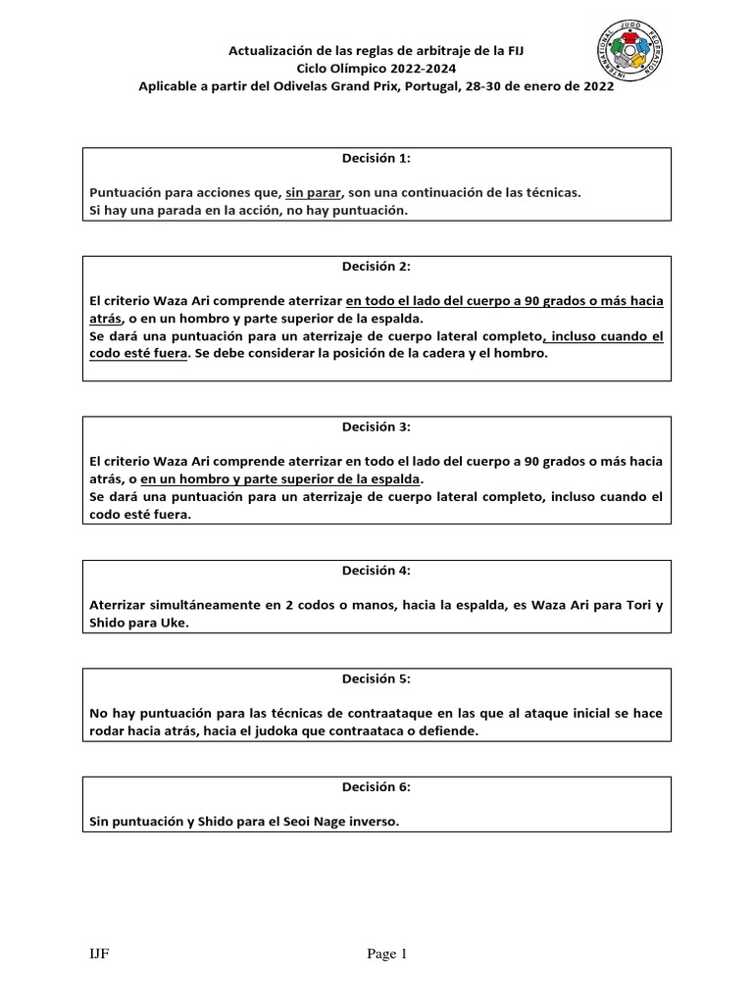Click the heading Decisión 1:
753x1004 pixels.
(376, 157)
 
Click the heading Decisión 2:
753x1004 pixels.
(376, 266)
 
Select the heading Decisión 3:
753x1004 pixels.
(376, 427)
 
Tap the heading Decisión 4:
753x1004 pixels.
(376, 570)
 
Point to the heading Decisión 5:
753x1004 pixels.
(376, 677)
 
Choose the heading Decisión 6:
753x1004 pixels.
(376, 786)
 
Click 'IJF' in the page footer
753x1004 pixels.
(99, 953)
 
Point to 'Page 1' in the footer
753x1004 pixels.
(386, 953)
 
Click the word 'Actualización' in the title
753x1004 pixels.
(270, 49)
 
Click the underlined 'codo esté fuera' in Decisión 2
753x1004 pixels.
(137, 354)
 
